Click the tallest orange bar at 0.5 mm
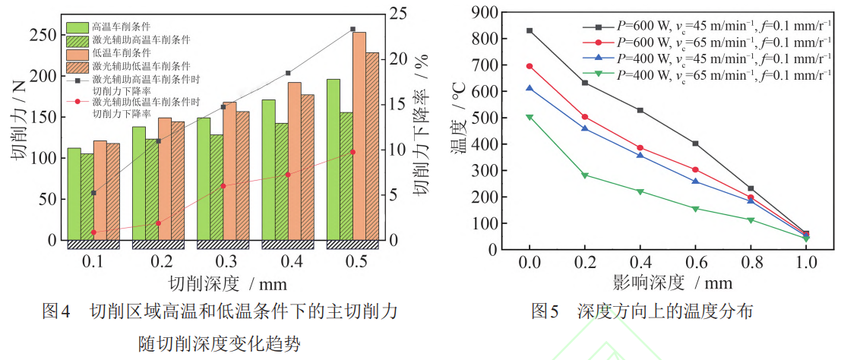tap(360, 137)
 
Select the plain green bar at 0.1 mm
tap(74, 194)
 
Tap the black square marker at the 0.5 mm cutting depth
tap(353, 30)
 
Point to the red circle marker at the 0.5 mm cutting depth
tap(353, 152)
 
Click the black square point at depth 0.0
tap(530, 30)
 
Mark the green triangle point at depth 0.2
tap(585, 175)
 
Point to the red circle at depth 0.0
tap(530, 66)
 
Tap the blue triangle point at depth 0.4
tap(640, 155)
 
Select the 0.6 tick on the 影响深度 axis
tap(695, 262)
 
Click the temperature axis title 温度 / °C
tap(460, 129)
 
